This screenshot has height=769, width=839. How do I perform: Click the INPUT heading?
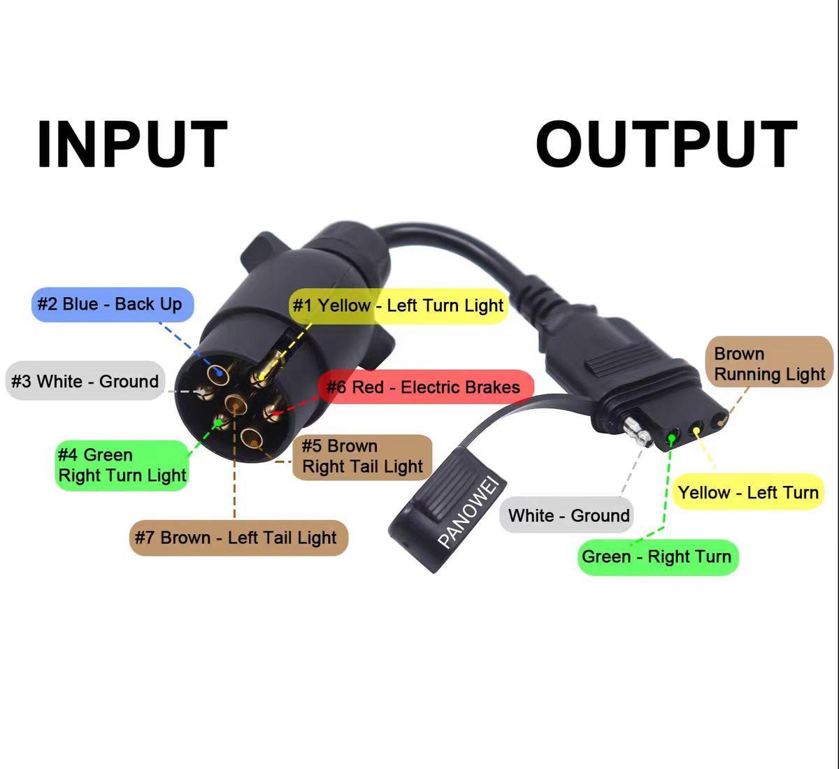pos(132,145)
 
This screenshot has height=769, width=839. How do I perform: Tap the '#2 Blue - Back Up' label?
pos(113,304)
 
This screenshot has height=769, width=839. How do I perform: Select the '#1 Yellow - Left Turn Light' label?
pos(398,306)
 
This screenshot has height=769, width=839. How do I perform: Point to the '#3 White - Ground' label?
pos(85,381)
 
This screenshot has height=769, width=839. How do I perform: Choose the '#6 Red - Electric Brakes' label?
pos(424,387)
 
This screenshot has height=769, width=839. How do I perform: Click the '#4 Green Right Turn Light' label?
pos(122,465)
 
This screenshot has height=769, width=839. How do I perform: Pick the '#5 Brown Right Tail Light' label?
pos(362,457)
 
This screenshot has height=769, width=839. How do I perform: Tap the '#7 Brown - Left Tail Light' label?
pos(238,538)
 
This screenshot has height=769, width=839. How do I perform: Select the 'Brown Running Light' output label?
pos(769,364)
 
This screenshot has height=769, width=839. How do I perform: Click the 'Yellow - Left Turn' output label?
pos(747,492)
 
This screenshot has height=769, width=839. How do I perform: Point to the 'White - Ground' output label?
pos(568,516)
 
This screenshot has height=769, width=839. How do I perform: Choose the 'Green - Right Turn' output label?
pos(657,556)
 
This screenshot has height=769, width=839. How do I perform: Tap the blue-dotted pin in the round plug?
pos(220,372)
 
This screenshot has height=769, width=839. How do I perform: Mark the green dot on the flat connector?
pos(672,438)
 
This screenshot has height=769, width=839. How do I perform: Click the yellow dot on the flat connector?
pos(697,431)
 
